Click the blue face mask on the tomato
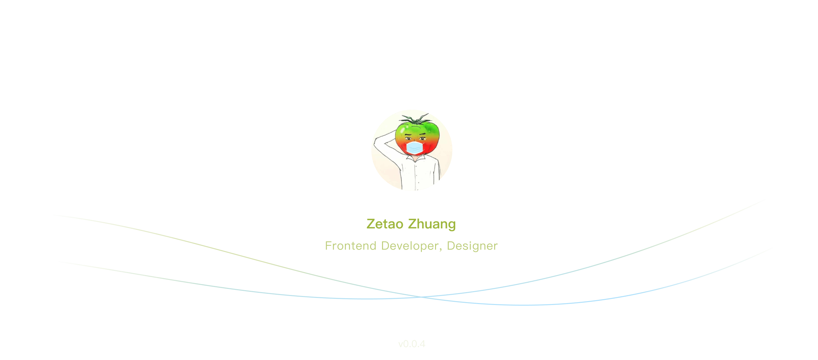(414, 148)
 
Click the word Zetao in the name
(385, 224)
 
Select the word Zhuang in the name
(432, 224)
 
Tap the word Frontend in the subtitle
(350, 246)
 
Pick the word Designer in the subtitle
(472, 246)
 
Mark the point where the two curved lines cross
(421, 297)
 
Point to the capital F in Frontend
(328, 246)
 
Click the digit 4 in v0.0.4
(422, 344)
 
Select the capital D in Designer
(451, 246)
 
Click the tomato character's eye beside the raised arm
(408, 139)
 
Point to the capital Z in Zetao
(371, 224)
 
